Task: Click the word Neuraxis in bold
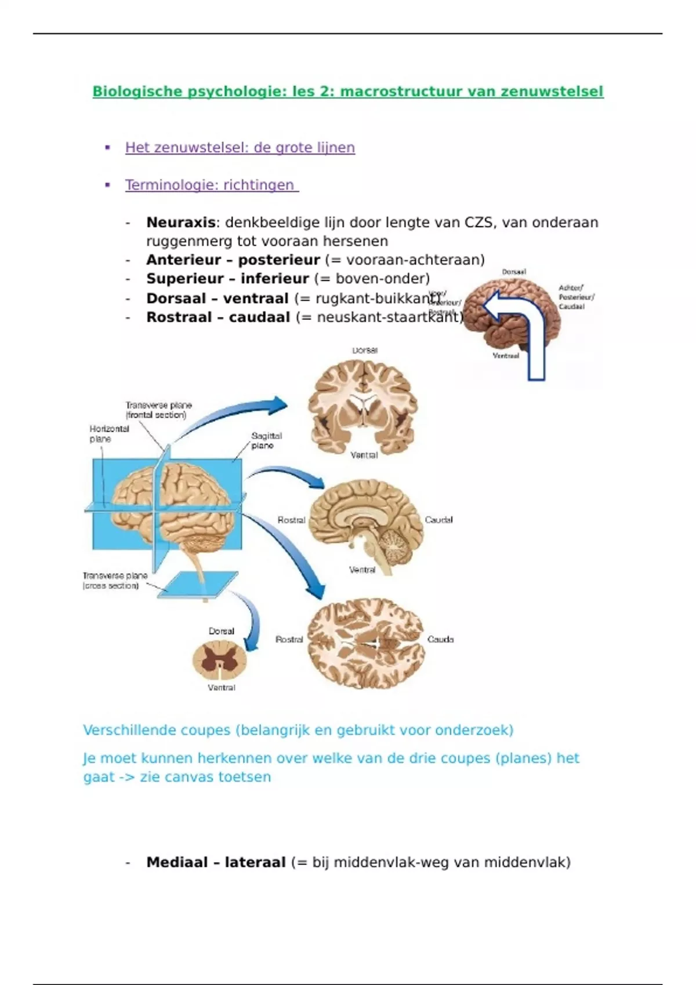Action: tap(180, 222)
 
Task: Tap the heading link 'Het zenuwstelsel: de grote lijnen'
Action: tap(240, 148)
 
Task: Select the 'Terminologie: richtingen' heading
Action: tap(211, 185)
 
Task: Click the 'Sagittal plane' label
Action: tap(266, 440)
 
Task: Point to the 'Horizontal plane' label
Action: tap(108, 434)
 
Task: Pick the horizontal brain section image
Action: tap(365, 642)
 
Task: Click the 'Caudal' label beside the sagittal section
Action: tap(438, 520)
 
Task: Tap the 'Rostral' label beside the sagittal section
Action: tap(291, 520)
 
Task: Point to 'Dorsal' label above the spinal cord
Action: tap(222, 631)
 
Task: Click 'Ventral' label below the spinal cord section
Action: tap(222, 688)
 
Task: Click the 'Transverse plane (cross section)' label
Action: tap(115, 581)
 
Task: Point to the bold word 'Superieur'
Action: tap(183, 279)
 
